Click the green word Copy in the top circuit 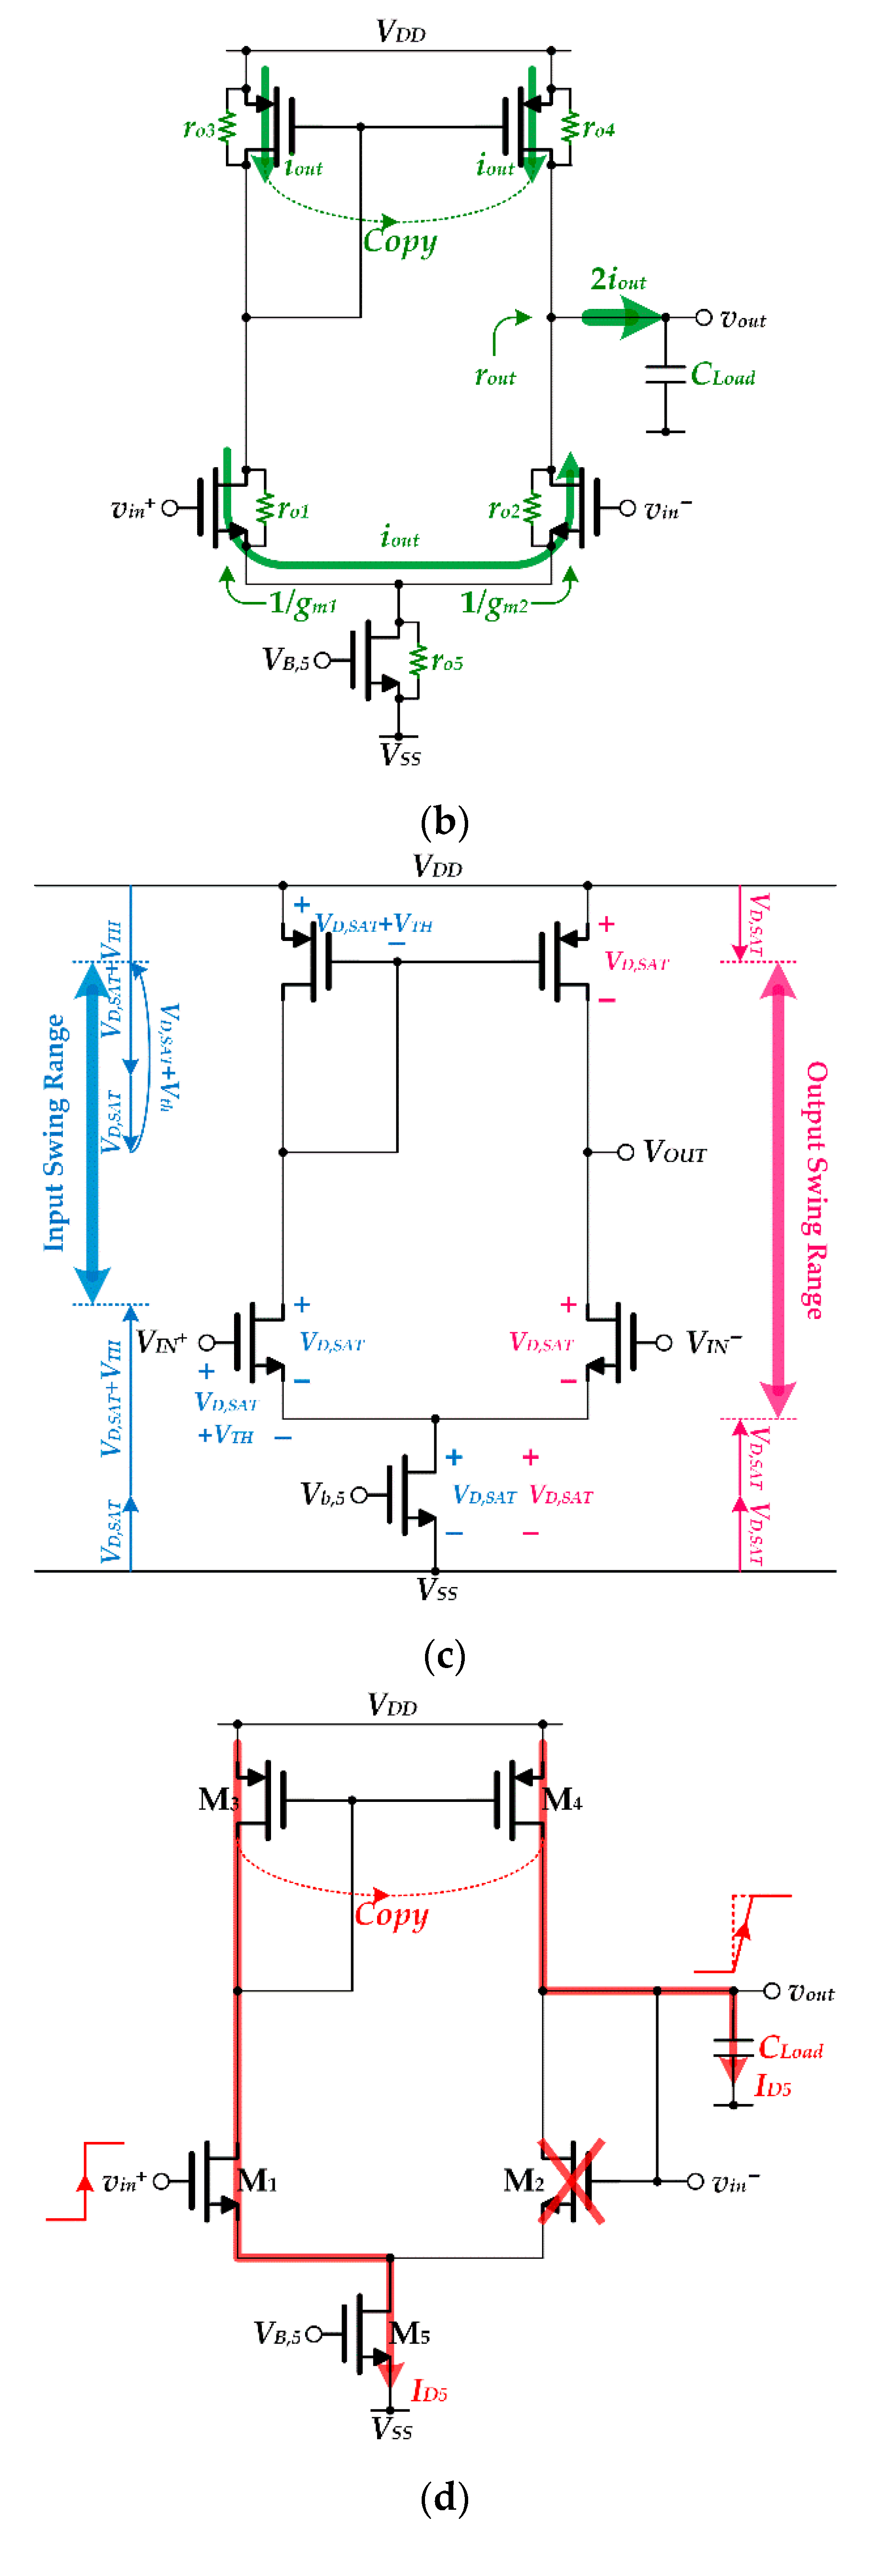click(x=400, y=241)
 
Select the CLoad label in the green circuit click(x=722, y=375)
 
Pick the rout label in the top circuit click(x=496, y=376)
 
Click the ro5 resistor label click(x=447, y=661)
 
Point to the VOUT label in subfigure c click(x=675, y=1152)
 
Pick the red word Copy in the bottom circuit click(x=391, y=1914)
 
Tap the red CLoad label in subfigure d click(x=790, y=2048)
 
